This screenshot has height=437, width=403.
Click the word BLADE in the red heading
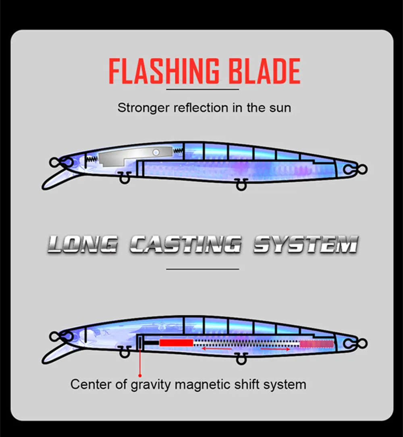[x=264, y=71]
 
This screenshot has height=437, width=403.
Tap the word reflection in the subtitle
[x=201, y=108]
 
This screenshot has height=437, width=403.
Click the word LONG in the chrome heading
[x=83, y=245]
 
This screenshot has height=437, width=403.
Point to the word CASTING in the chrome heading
[x=186, y=245]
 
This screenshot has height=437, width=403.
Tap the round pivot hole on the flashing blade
[x=156, y=152]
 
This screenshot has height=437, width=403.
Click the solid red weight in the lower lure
[x=177, y=343]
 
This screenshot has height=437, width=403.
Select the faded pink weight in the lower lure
[x=317, y=344]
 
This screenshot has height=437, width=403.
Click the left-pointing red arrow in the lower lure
[x=216, y=348]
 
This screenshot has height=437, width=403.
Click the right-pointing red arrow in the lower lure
[x=275, y=349]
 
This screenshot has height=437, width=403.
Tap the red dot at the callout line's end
[x=140, y=376]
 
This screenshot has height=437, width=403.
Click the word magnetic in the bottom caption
[x=203, y=385]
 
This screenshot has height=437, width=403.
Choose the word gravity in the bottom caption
[x=151, y=385]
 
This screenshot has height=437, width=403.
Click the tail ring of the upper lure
[x=362, y=169]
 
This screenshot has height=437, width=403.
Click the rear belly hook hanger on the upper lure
[x=241, y=184]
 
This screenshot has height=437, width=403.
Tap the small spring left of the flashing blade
[x=92, y=159]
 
